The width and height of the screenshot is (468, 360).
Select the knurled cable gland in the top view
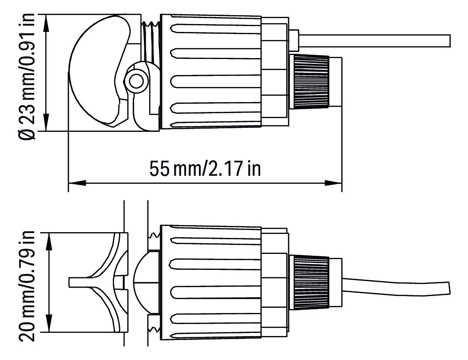[309, 82]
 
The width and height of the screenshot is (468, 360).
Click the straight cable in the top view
[377, 40]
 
